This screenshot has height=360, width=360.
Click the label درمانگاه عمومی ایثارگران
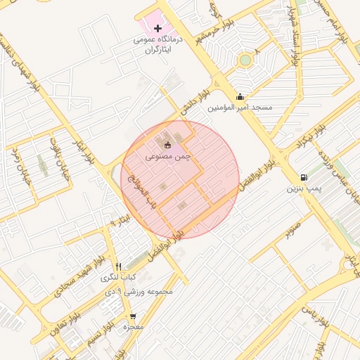[x=158, y=45]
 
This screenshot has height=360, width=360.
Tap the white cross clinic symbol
[x=158, y=27]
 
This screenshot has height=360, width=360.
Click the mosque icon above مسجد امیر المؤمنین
[x=240, y=97]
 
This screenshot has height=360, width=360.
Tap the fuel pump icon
[x=303, y=177]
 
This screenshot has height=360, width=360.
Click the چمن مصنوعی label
[x=169, y=157]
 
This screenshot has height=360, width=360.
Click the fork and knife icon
[x=118, y=266]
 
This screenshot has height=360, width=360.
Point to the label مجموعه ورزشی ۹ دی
[x=138, y=291]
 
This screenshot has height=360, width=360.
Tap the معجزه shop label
[x=132, y=328]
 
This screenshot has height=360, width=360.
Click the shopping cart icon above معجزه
[x=132, y=316]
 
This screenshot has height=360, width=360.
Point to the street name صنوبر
[x=293, y=229]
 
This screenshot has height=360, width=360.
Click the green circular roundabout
[x=245, y=60]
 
